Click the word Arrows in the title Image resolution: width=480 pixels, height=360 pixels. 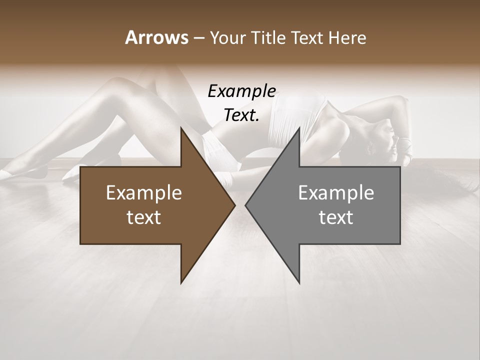coord(156,37)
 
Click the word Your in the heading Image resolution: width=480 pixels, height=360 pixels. coord(228,37)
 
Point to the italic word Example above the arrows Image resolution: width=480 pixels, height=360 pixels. coord(241,91)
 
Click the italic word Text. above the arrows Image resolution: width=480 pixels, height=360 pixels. coord(241,115)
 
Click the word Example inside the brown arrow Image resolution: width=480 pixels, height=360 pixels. coord(144,193)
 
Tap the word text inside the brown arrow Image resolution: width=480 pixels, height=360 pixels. coord(144,217)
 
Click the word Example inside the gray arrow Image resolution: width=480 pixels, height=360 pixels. coord(336,193)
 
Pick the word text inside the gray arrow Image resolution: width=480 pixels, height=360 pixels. coord(336,217)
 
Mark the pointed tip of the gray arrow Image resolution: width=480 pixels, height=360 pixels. coord(246,205)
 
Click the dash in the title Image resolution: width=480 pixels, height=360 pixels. coord(198,38)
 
